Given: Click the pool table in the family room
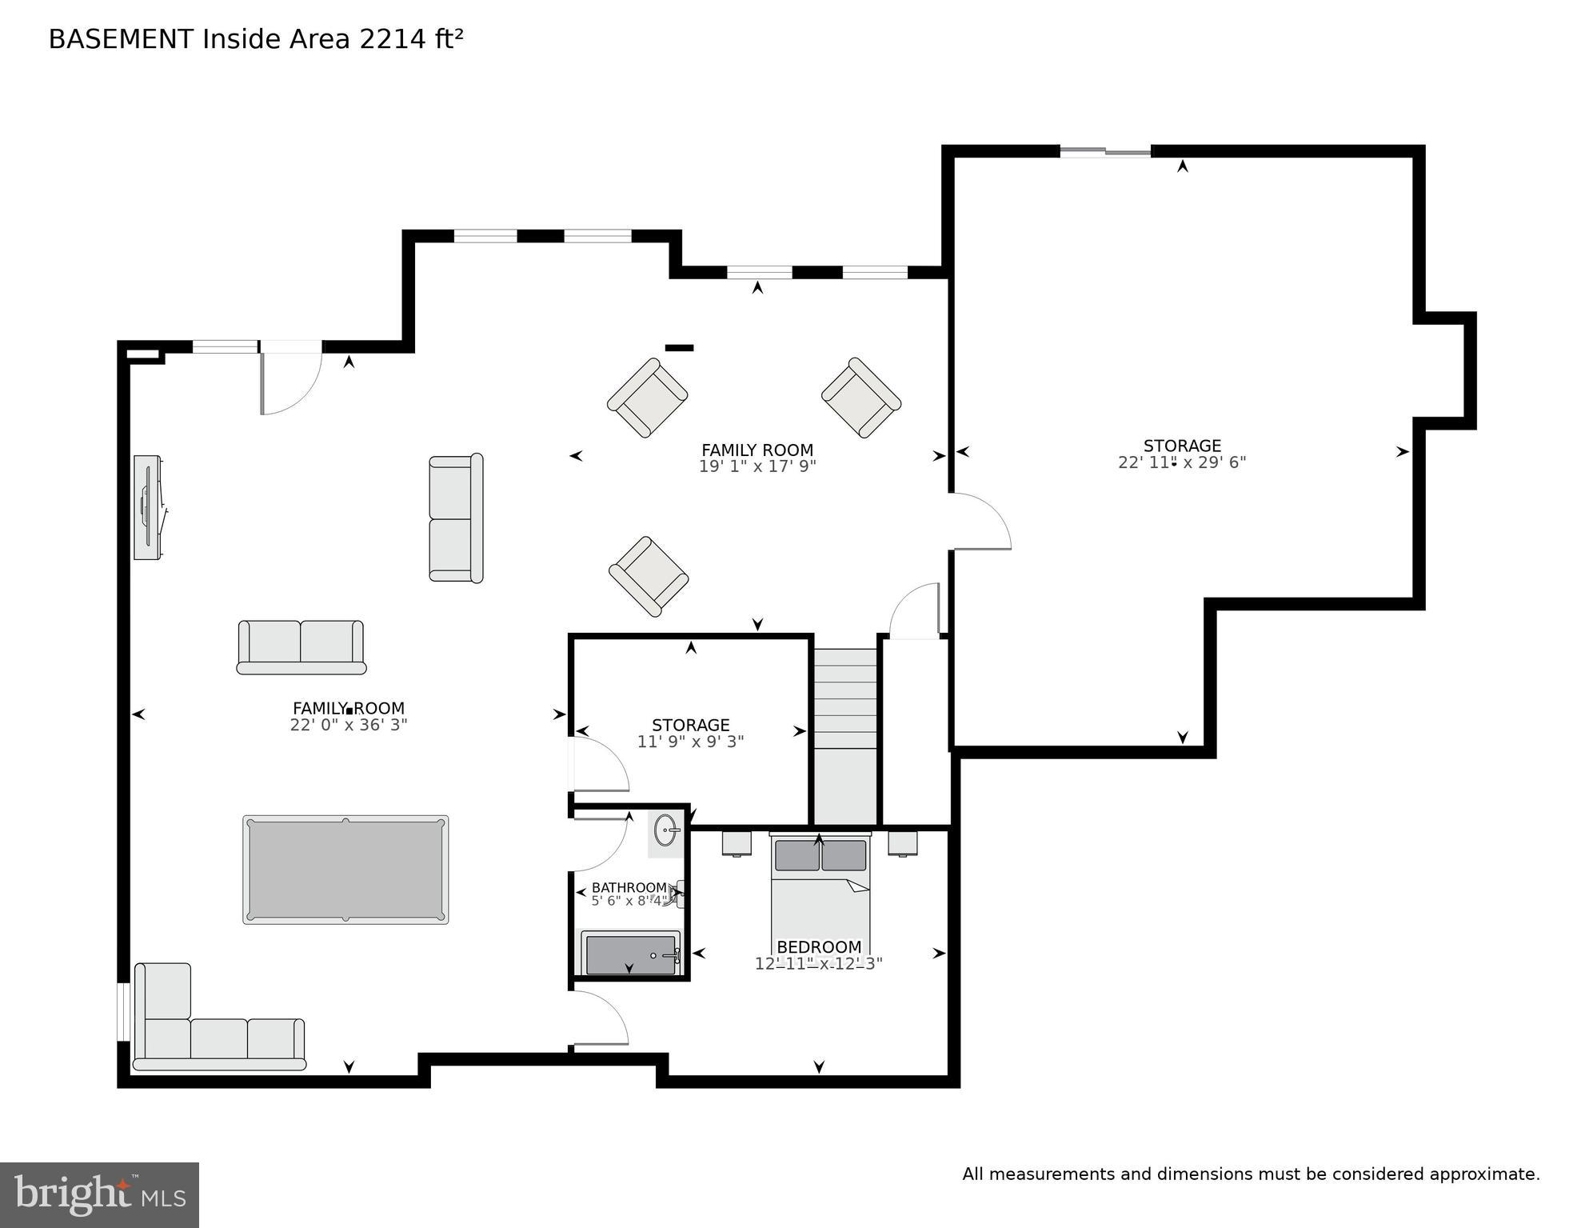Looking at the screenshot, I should pos(345,870).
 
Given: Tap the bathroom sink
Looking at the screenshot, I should pos(666,831).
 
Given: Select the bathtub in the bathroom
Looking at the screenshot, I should pos(631,954).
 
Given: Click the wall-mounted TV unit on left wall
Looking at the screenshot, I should pos(148,507).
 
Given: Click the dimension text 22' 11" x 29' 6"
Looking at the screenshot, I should pos(1181,462).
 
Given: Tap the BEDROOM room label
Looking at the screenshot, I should pos(819,947).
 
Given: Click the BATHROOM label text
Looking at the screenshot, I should pos(629,888).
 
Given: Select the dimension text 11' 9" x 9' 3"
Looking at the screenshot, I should pos(690,742).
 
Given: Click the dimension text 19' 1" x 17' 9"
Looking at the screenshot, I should pos(757,466).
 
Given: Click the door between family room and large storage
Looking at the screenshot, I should pos(981,522).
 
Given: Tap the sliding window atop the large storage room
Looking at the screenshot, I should pos(1105,151).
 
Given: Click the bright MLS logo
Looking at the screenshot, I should pos(99,1195).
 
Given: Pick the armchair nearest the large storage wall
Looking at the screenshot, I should pos(861,398).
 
